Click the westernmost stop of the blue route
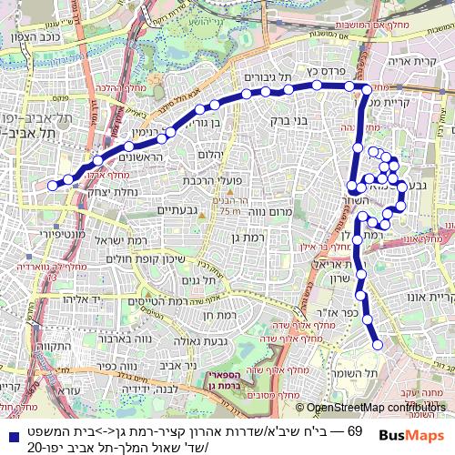53,185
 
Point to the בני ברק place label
291,119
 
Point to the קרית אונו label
427,298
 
